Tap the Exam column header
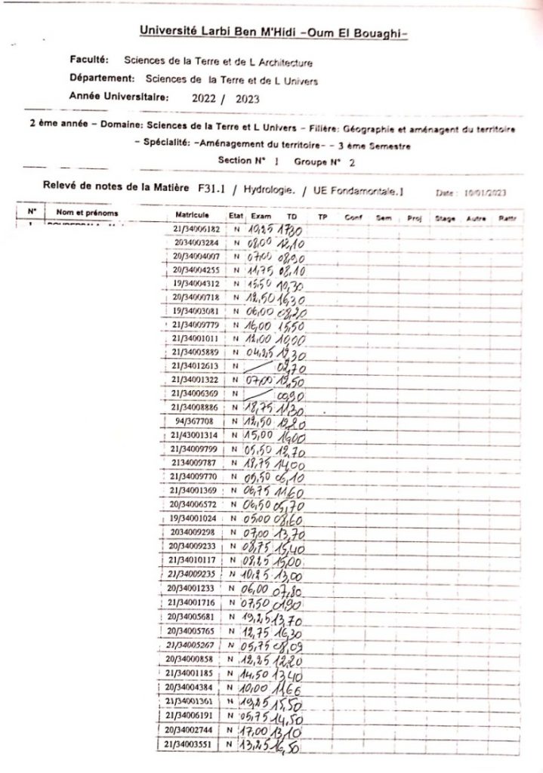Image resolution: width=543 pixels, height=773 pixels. (261, 216)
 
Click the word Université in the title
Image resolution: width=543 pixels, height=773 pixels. (168, 30)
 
